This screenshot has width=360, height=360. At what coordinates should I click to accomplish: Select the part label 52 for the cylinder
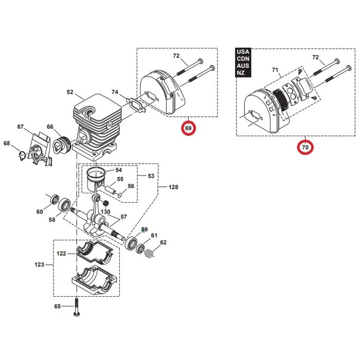(70, 93)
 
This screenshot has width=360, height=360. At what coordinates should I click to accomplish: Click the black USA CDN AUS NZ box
(242, 63)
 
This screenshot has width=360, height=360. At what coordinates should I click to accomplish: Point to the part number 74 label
(115, 93)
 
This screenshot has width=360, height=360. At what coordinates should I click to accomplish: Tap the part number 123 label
(39, 265)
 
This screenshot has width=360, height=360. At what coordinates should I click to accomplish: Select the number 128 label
(173, 187)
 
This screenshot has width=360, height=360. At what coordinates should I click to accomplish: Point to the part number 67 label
(21, 127)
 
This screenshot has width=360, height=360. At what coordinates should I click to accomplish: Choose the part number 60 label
(40, 211)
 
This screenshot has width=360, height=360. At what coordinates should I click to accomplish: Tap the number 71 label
(275, 69)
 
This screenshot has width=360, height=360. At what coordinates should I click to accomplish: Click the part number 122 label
(62, 254)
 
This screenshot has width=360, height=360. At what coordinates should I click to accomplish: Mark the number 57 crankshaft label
(123, 217)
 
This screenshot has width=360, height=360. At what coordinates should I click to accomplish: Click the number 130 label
(105, 212)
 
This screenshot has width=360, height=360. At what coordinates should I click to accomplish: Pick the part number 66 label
(50, 127)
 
